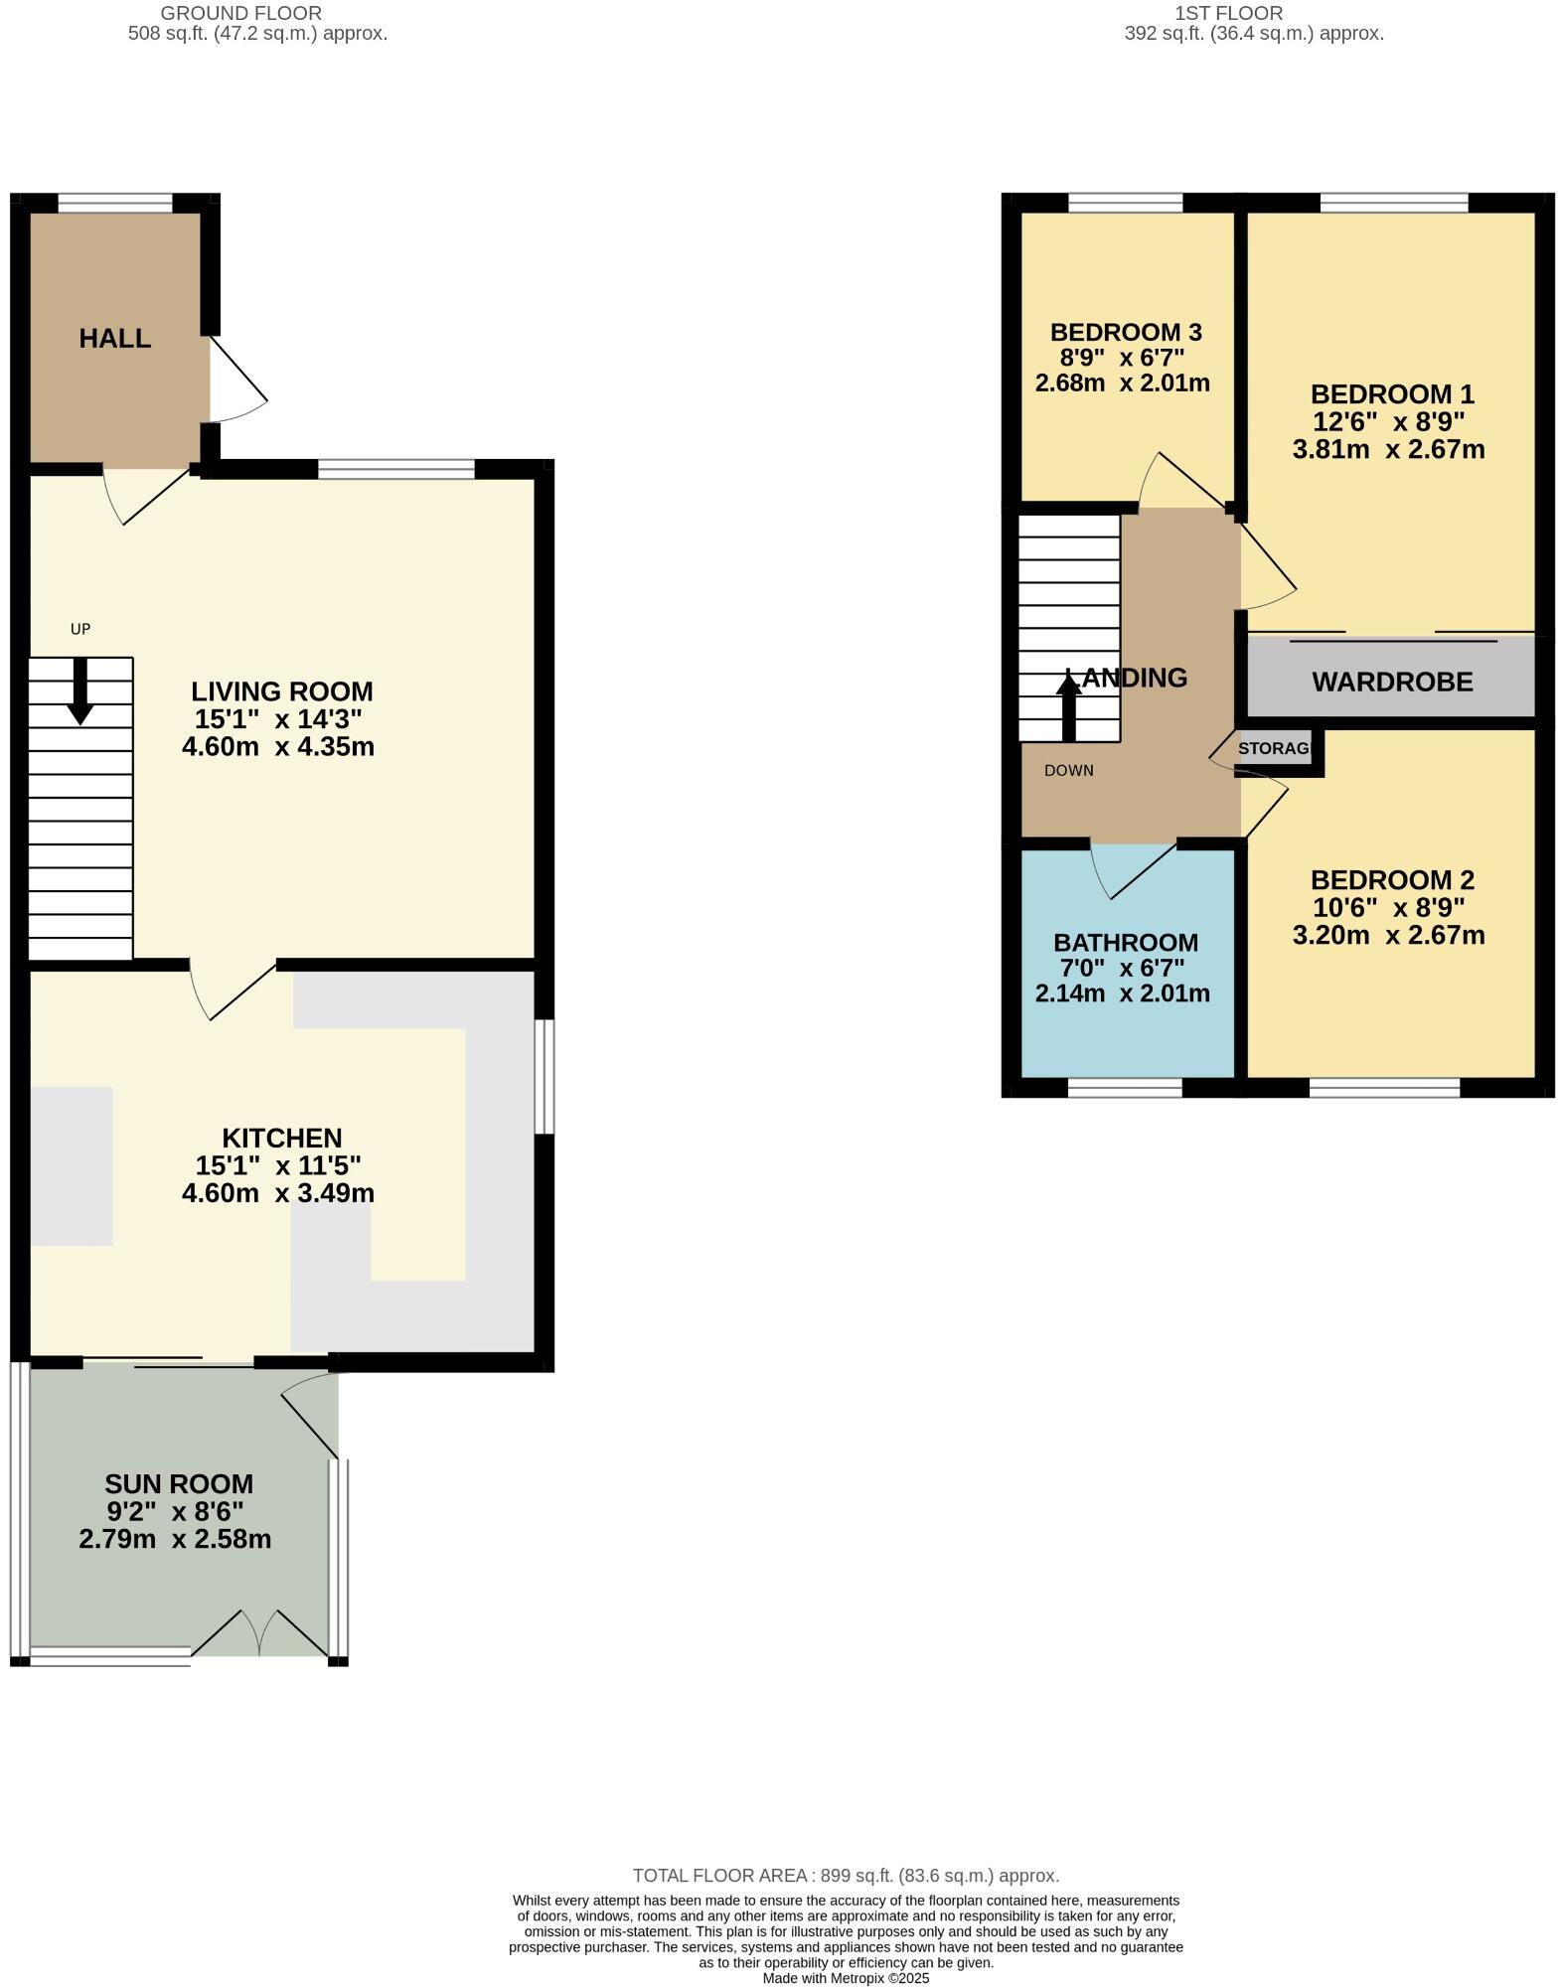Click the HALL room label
pos(115,339)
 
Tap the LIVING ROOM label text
pos(281,691)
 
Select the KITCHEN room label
pos(281,1138)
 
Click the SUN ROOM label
pos(179,1484)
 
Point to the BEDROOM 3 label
pos(1126,332)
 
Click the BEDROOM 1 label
pos(1391,393)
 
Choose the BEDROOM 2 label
pos(1391,880)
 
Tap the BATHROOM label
pos(1126,942)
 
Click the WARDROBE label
pos(1391,682)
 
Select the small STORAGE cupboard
pos(1277,749)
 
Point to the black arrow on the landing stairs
pos(1069,705)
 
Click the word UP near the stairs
pos(80,629)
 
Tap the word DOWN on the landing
pos(1069,770)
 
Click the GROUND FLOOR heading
pos(240,13)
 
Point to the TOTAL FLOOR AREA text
pos(846,1876)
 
